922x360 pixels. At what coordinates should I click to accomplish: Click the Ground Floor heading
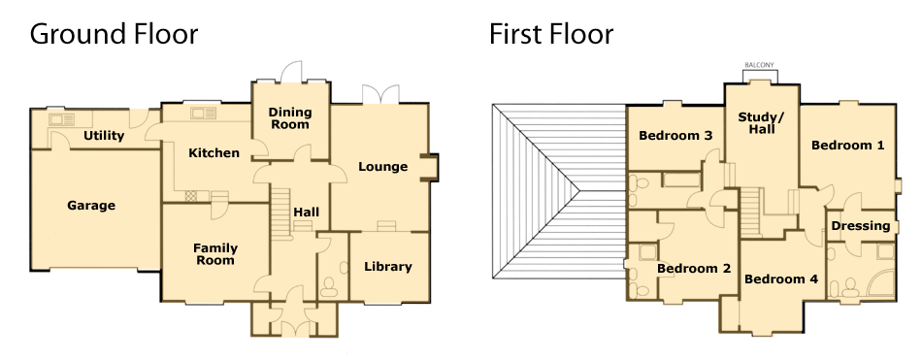coord(114,34)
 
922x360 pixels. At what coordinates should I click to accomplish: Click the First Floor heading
coord(551,34)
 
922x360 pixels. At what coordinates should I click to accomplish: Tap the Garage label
coord(91,206)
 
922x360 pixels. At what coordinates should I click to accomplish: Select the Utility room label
coord(104,136)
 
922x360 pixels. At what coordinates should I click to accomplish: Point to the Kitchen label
coord(214,153)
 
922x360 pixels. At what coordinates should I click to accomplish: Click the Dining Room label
coord(290,118)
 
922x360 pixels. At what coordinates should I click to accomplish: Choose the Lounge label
coord(382,167)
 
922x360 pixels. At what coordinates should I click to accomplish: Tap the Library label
coord(388,267)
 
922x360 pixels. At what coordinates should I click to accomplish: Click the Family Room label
coord(215,254)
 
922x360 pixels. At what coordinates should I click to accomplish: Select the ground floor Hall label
coord(307,212)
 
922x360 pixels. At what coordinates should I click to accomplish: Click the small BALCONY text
coord(760,65)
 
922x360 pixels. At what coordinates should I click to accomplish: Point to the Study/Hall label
coord(762,123)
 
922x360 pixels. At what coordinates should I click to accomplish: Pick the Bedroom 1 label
coord(848,146)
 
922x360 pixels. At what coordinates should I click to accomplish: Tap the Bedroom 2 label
coord(694,269)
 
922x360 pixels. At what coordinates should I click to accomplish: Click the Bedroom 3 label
coord(675,136)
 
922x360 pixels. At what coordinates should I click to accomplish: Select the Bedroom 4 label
coord(781,279)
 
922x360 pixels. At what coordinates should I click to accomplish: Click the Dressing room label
coord(861,226)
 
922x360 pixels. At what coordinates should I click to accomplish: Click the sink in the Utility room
coord(62,119)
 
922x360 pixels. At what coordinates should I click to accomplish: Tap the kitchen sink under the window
coord(204,113)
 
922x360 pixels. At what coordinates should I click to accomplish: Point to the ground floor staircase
coord(281,213)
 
